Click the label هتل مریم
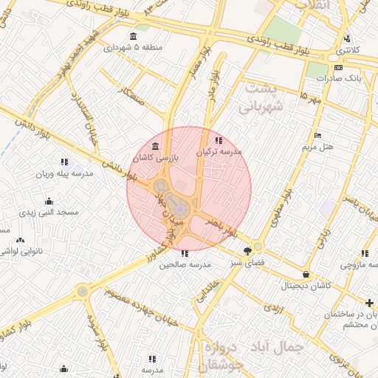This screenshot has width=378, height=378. click(x=317, y=147)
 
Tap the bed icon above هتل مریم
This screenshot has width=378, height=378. click(x=317, y=135)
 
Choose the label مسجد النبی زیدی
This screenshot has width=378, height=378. click(x=48, y=212)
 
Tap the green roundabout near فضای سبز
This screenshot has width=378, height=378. click(x=258, y=246)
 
